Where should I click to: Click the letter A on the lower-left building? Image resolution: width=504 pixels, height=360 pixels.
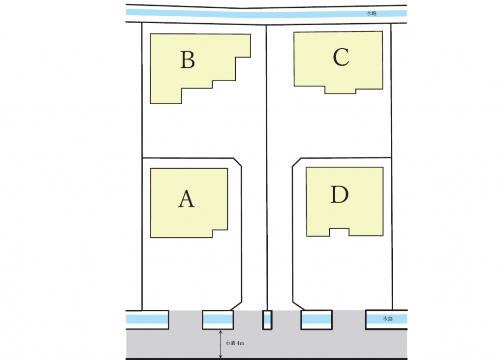click(x=187, y=199)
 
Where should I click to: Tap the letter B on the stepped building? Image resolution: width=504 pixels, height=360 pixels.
click(x=188, y=60)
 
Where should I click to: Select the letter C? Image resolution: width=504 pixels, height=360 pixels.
click(x=341, y=58)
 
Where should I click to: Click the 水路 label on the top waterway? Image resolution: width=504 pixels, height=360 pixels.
click(x=372, y=14)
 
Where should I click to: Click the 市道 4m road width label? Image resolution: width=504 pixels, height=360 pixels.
click(x=235, y=343)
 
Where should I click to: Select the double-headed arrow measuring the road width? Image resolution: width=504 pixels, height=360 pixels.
click(x=220, y=344)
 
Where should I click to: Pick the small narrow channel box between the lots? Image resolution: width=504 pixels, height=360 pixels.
click(x=267, y=320)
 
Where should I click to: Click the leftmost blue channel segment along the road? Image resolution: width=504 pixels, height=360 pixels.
click(x=147, y=319)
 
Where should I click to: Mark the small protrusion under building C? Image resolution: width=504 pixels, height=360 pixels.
click(x=340, y=90)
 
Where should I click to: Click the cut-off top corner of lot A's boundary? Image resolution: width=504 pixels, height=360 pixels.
click(x=237, y=162)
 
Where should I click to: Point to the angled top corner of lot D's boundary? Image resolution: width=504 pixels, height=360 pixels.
click(x=296, y=162)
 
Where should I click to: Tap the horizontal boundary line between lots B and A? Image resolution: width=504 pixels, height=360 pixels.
click(x=187, y=158)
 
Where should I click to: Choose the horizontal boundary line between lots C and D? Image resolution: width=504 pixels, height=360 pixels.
click(x=345, y=158)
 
